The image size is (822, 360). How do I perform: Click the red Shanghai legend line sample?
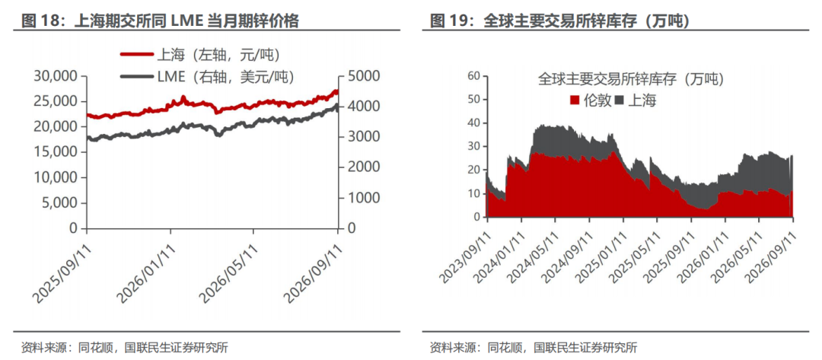(x=137, y=53)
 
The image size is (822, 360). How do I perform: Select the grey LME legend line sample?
(x=137, y=77)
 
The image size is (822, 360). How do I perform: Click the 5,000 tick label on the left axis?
(x=60, y=202)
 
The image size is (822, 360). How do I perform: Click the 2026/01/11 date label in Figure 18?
(x=145, y=273)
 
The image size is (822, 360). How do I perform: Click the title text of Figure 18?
(x=160, y=21)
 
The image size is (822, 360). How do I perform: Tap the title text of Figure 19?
(x=559, y=21)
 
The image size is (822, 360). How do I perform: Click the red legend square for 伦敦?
(x=575, y=100)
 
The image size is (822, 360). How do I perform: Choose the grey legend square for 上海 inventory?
(x=619, y=100)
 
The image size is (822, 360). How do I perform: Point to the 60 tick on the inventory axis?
(x=473, y=76)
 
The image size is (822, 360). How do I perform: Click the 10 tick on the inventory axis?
(x=473, y=193)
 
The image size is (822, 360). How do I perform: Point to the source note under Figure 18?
(x=124, y=347)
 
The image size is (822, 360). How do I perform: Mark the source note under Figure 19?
(x=533, y=347)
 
